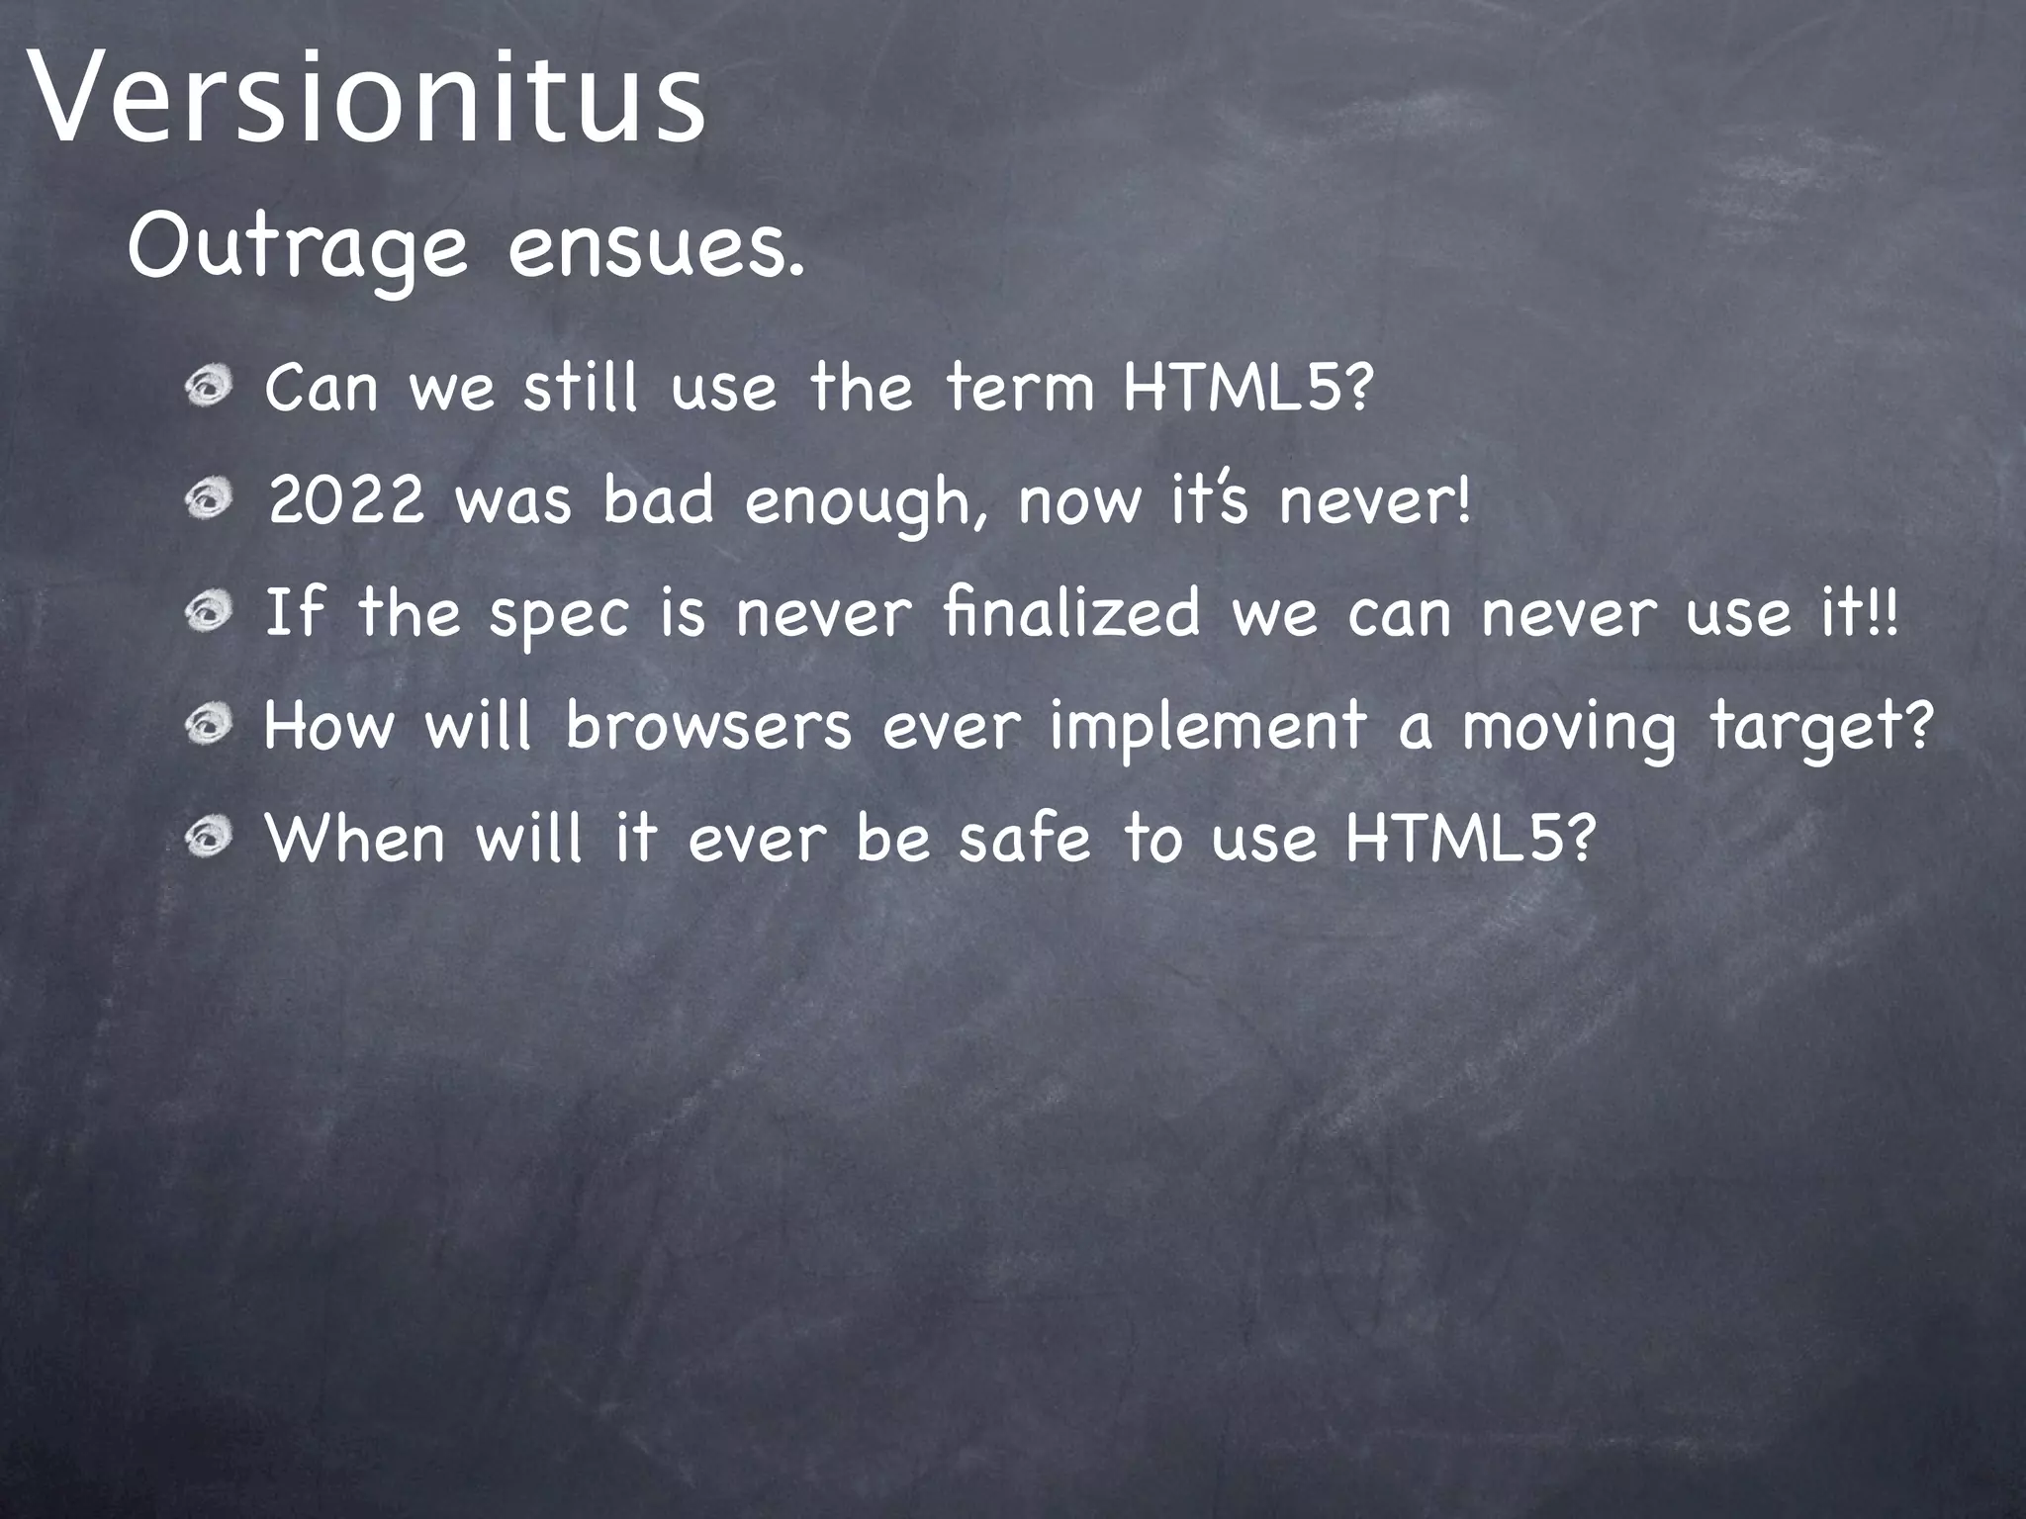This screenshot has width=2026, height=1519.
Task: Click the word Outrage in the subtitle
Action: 297,249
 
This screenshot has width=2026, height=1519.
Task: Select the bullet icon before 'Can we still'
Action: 209,387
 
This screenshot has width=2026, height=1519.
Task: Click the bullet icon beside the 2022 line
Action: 209,499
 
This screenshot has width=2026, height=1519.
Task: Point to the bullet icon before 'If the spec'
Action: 209,613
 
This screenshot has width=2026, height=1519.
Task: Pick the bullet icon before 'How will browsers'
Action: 209,726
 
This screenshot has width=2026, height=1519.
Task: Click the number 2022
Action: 346,500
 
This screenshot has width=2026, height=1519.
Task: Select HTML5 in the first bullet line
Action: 1246,387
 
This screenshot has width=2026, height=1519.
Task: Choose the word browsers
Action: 708,726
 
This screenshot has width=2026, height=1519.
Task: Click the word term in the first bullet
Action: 1020,387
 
